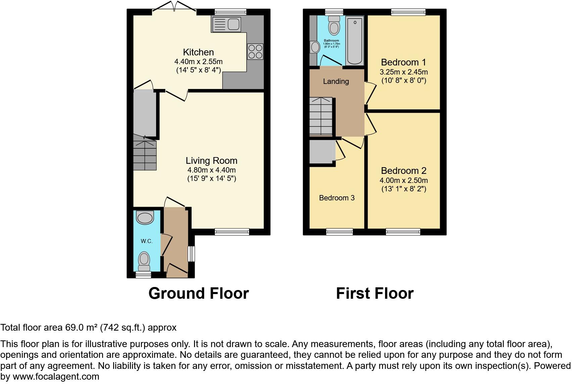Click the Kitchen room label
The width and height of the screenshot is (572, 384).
click(198, 52)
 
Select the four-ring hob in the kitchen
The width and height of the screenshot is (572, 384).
click(255, 52)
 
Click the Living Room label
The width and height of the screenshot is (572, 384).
click(211, 161)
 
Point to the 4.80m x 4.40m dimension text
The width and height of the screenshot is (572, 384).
click(211, 170)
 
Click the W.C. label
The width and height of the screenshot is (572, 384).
click(147, 241)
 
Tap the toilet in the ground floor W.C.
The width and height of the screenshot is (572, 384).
click(144, 260)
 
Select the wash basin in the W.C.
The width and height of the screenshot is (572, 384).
click(145, 218)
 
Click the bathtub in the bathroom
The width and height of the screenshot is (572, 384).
click(355, 41)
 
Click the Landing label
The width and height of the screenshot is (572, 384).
click(336, 81)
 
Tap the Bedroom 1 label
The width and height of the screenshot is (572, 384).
click(403, 62)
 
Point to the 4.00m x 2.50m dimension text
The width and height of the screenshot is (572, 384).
click(403, 180)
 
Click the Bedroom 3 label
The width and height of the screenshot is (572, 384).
click(337, 198)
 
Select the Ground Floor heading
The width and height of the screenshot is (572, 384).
click(198, 293)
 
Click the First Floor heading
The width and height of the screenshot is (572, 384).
click(375, 293)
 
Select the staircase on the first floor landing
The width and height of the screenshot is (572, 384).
click(321, 116)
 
